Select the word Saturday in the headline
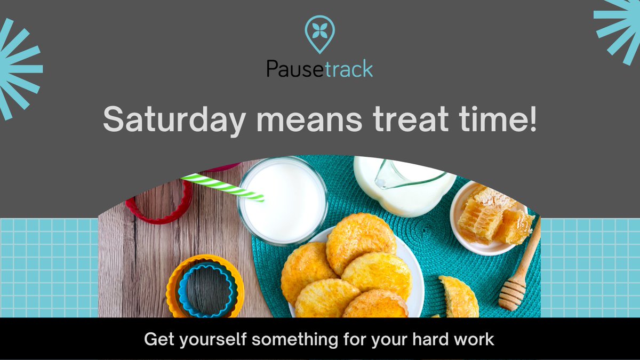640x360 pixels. pos(173,119)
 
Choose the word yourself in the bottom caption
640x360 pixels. pos(209,339)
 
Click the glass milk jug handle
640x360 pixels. pos(411,179)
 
